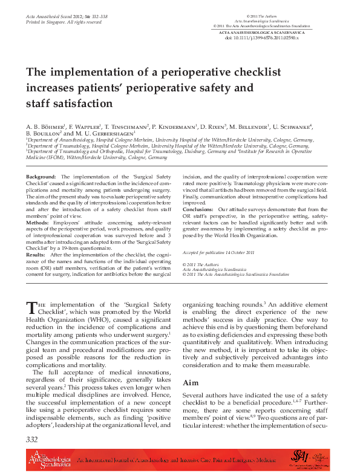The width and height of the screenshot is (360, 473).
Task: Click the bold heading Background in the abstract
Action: [x=41, y=176]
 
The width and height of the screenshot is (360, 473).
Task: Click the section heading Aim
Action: [x=190, y=383]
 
